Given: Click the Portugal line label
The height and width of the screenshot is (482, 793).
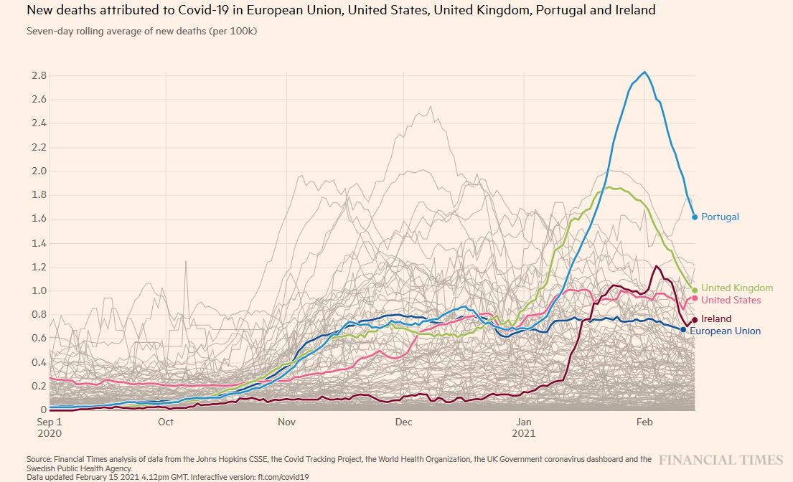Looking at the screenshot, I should pyautogui.click(x=720, y=217).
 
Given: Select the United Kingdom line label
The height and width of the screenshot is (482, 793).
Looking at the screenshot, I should pyautogui.click(x=737, y=288).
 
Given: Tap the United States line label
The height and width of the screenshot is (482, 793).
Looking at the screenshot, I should pyautogui.click(x=731, y=300).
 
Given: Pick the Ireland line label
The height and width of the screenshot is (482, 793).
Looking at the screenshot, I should pyautogui.click(x=716, y=318).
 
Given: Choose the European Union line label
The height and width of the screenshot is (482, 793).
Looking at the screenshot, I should pyautogui.click(x=725, y=331).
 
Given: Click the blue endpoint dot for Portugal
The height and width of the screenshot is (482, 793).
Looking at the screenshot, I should pyautogui.click(x=695, y=217).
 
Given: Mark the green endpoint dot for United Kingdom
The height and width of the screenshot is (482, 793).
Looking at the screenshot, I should pyautogui.click(x=695, y=290).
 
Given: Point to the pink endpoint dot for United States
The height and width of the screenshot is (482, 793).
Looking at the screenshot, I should pyautogui.click(x=695, y=298).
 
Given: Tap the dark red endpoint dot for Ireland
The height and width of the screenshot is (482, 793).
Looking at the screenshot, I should pyautogui.click(x=694, y=319).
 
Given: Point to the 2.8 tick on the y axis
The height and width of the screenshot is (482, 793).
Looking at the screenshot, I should pyautogui.click(x=39, y=75).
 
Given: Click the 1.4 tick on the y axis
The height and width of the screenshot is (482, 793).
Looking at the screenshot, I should pyautogui.click(x=39, y=243).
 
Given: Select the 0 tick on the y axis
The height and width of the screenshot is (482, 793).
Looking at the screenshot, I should pyautogui.click(x=44, y=410).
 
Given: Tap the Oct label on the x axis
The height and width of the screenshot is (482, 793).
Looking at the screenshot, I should pyautogui.click(x=166, y=422).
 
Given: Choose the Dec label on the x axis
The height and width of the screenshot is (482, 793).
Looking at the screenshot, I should pyautogui.click(x=404, y=422).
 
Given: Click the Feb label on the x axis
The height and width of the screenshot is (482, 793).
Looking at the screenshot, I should pyautogui.click(x=644, y=422).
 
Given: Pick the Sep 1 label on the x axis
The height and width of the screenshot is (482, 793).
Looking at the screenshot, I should pyautogui.click(x=50, y=422).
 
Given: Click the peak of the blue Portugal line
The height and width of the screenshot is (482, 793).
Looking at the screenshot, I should pyautogui.click(x=644, y=72).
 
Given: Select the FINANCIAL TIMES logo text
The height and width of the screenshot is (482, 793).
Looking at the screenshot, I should pyautogui.click(x=721, y=460).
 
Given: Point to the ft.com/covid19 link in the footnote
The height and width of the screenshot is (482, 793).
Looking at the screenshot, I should pyautogui.click(x=287, y=476).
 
